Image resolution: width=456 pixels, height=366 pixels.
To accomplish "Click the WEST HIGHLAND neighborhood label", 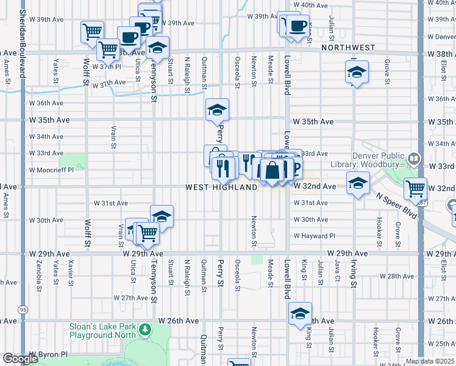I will (221, 188).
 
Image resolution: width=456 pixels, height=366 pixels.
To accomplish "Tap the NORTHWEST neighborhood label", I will (348, 48).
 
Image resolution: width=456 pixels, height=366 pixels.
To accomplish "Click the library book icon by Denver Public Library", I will (415, 159).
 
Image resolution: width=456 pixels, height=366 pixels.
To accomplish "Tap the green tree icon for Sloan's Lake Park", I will (144, 331).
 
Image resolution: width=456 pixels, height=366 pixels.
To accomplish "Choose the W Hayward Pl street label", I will (315, 236).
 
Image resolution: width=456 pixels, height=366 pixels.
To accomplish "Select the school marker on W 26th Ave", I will (300, 314).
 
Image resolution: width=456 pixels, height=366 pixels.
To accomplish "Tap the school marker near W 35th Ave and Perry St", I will (217, 110).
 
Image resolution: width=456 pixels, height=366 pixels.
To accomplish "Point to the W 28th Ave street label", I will (396, 276).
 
